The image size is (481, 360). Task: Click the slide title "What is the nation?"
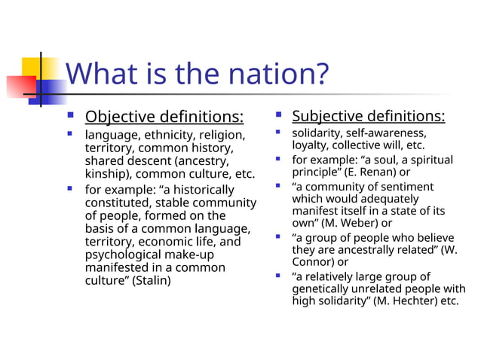198,75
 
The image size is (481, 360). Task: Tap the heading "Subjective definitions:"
368,116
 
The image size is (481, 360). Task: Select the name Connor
311,262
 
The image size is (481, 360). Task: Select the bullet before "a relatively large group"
278,276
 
